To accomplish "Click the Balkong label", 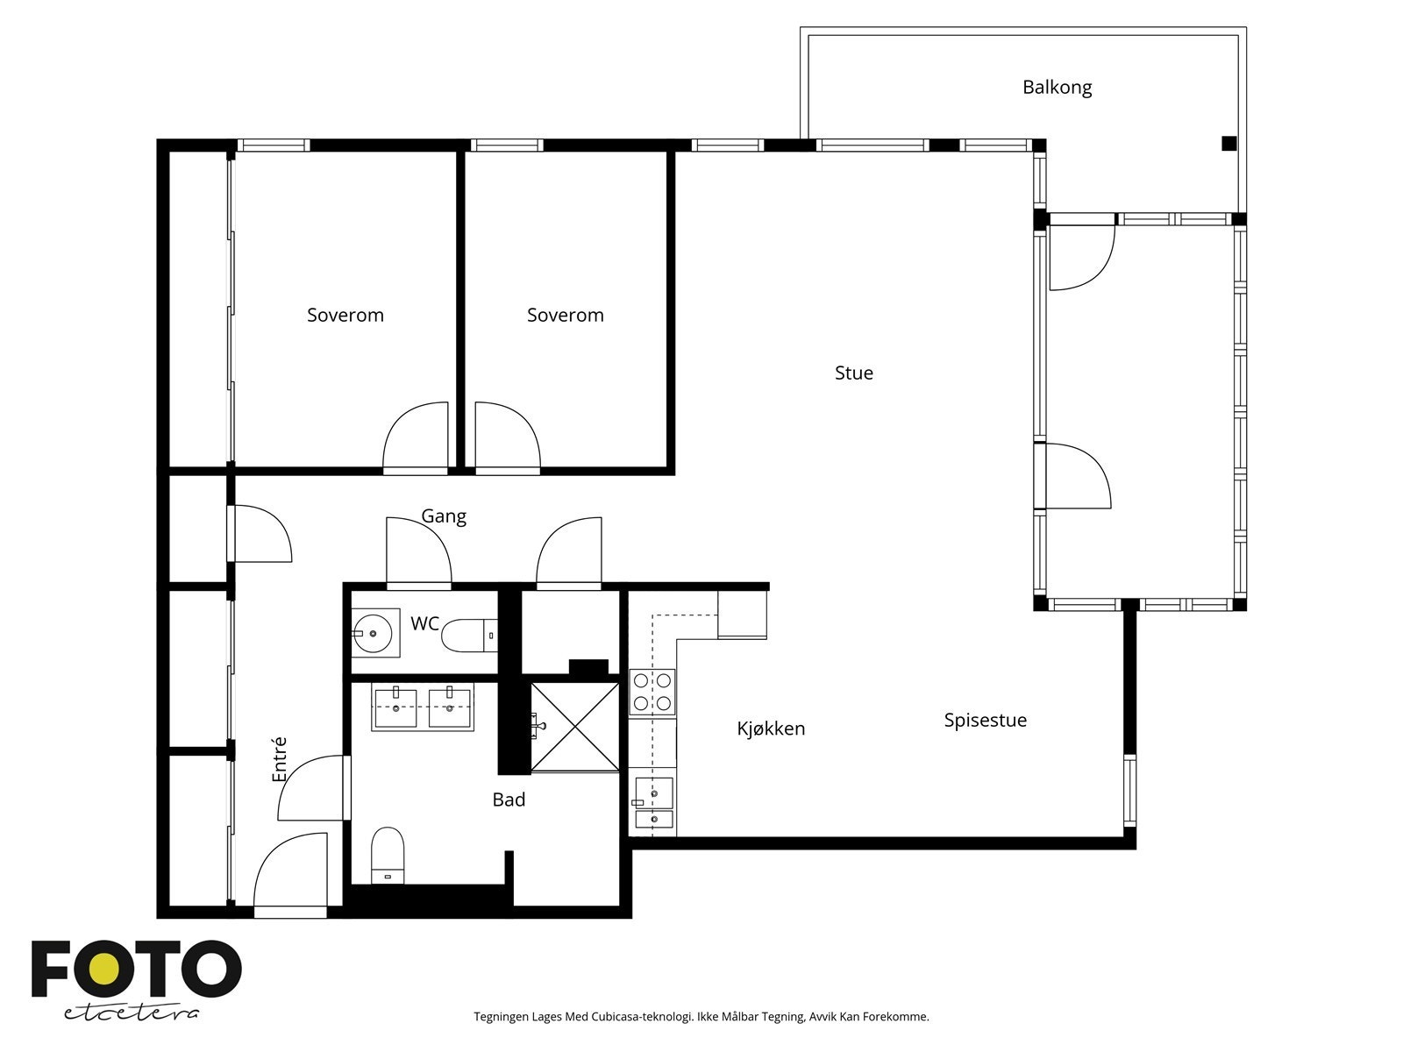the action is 1057,88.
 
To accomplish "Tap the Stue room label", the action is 853,373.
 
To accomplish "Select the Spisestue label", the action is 985,721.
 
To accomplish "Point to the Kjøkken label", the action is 770,729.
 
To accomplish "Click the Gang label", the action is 444,516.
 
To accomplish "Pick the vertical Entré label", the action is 280,759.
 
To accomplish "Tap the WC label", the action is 424,623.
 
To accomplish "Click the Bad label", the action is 509,800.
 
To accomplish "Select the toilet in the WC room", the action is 469,636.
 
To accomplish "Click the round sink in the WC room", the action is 373,634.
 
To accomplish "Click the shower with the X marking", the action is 574,727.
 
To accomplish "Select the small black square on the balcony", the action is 1229,144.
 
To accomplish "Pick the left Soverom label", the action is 345,316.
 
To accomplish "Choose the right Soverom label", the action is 565,316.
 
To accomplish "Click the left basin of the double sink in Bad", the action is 395,707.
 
